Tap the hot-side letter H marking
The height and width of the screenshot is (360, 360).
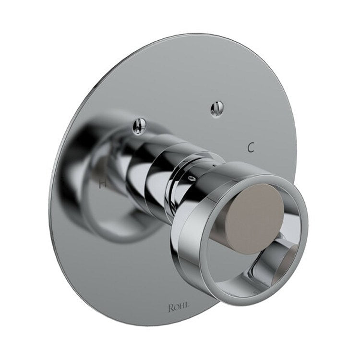[x=102, y=183]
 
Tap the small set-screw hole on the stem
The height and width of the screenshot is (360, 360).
[x=191, y=179]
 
